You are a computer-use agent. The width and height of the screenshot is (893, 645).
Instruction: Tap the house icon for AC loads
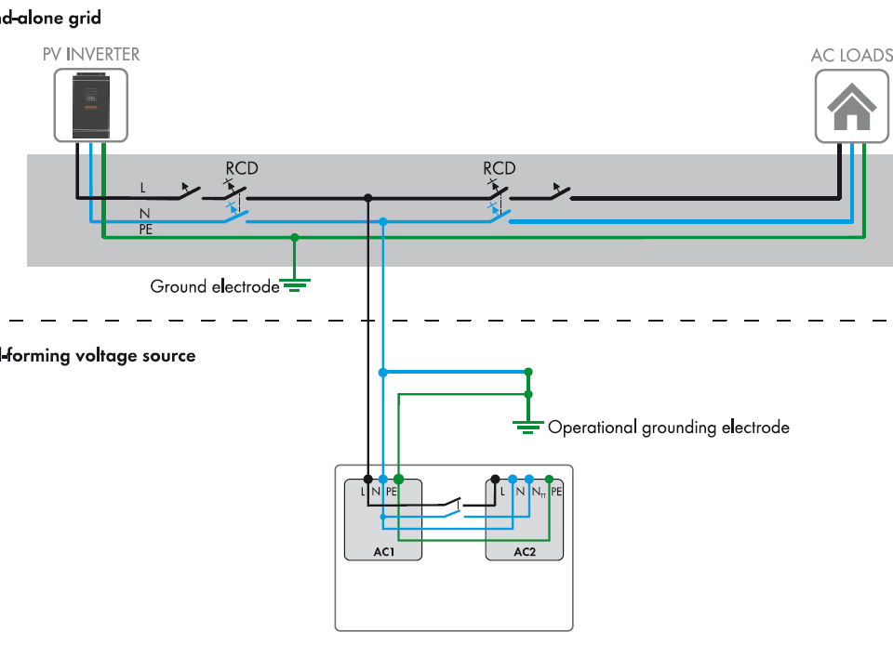point(852,107)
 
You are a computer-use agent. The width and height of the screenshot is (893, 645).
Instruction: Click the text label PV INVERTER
point(91,54)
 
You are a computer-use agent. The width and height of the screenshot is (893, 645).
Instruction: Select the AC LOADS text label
point(851,55)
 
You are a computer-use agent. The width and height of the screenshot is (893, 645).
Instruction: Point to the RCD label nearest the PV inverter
point(242,168)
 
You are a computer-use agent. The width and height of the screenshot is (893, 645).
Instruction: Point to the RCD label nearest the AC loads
point(500,168)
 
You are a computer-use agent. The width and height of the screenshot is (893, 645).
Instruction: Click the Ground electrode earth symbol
point(295,284)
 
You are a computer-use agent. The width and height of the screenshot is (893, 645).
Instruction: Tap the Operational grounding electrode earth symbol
point(527,426)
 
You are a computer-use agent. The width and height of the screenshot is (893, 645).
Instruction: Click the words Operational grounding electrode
point(669,428)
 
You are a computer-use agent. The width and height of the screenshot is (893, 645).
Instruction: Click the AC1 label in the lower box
point(384,552)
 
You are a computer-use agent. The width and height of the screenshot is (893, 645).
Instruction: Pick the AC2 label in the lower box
point(525,552)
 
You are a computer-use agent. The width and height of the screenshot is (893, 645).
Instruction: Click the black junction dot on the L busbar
point(368,198)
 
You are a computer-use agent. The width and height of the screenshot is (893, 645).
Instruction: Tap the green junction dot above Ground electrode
point(295,238)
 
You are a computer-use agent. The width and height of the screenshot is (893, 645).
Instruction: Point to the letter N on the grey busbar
point(143,213)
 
